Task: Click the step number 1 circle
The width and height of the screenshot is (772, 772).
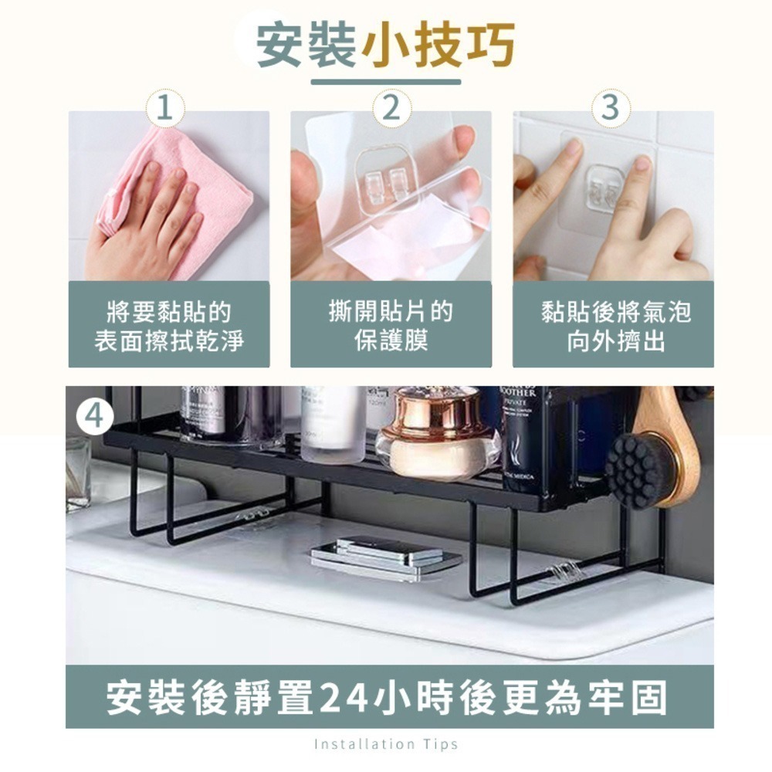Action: (x=165, y=108)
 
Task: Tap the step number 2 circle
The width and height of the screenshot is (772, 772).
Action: (x=391, y=108)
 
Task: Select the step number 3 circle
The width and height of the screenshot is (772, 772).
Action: (x=611, y=108)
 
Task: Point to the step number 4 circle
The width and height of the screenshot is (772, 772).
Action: (x=94, y=417)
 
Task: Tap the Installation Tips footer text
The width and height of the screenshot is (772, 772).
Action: (x=386, y=744)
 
